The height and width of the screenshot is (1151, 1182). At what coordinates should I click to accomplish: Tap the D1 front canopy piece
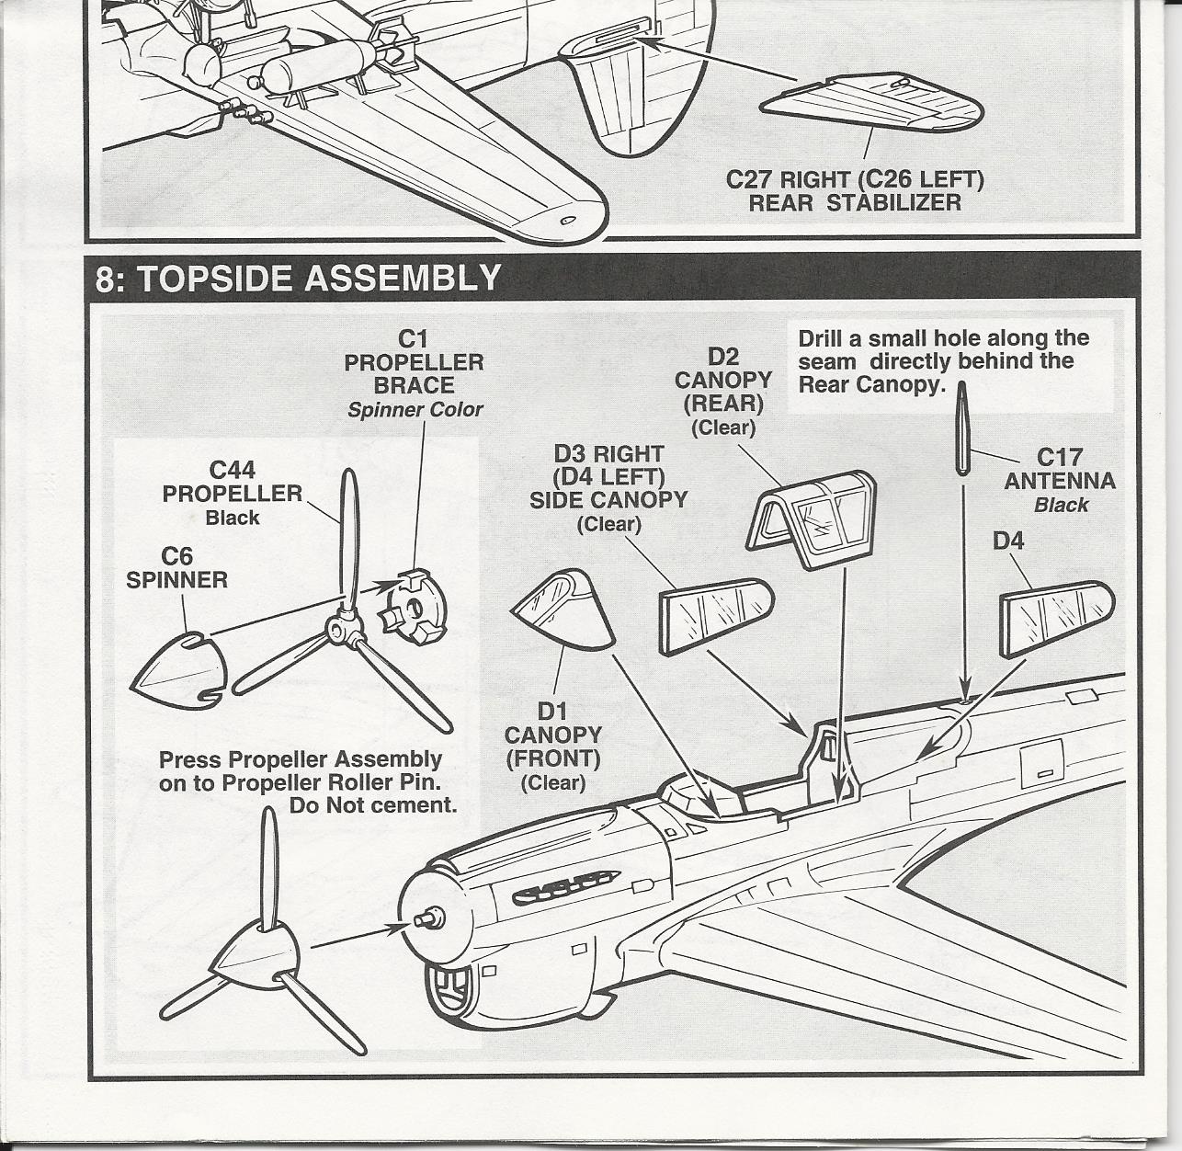pyautogui.click(x=563, y=610)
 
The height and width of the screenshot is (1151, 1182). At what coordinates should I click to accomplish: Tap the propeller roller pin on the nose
pyautogui.click(x=428, y=917)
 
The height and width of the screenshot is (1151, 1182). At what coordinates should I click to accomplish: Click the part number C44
pyautogui.click(x=233, y=471)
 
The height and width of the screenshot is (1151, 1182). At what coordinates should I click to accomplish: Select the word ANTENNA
pyautogui.click(x=1060, y=481)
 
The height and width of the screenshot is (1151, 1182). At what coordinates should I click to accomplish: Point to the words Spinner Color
pyautogui.click(x=415, y=410)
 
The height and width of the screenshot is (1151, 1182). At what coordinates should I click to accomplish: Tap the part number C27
pyautogui.click(x=749, y=179)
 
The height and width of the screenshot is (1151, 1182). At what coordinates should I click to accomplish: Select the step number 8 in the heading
pyautogui.click(x=107, y=279)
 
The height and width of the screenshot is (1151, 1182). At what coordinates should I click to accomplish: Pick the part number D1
pyautogui.click(x=552, y=712)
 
